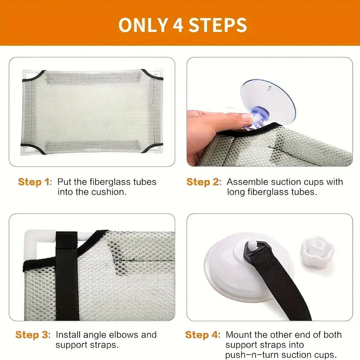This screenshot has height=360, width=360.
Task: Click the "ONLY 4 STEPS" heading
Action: (183, 25)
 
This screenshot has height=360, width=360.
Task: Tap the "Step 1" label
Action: (33, 182)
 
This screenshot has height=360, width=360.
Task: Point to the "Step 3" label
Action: (31, 335)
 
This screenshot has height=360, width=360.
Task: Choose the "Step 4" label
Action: (201, 335)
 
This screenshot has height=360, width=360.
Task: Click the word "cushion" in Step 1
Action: (111, 192)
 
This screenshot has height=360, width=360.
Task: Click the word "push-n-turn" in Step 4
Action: (252, 355)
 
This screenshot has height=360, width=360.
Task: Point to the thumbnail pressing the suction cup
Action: (247, 117)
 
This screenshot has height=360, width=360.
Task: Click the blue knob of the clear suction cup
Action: (260, 116)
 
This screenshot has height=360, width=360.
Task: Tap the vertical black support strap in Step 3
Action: (67, 275)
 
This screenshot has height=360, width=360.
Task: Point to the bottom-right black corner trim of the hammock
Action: (153, 148)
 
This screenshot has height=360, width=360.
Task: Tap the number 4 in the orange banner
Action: (178, 25)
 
